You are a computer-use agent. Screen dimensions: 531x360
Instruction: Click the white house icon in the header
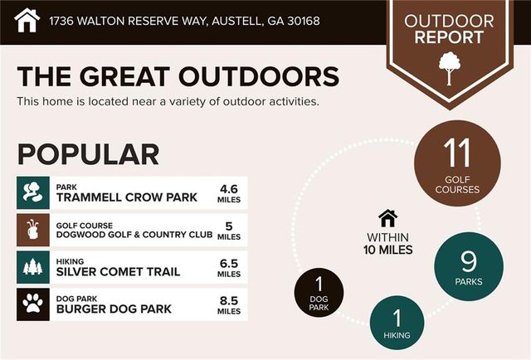pos(27,20)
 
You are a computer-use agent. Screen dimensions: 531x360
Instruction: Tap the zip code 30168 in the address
pos(303,21)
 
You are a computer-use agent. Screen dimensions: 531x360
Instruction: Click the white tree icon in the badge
pos(450,68)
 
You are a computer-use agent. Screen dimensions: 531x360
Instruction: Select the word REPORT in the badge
pos(449,37)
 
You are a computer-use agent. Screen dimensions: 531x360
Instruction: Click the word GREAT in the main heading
pos(124,76)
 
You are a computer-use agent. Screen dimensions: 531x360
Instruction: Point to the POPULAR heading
pos(88,154)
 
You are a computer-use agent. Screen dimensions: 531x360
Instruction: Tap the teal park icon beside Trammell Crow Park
pos(33,192)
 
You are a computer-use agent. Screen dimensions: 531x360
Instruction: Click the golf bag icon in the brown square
pos(33,230)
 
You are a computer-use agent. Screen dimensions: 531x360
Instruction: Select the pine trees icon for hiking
pos(33,266)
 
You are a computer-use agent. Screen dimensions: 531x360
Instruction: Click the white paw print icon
pos(33,304)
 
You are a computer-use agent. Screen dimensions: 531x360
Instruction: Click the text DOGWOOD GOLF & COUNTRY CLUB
pos(134,235)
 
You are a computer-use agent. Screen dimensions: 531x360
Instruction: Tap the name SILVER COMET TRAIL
pos(118,271)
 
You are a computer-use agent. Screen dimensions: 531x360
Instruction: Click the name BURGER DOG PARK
pos(114,309)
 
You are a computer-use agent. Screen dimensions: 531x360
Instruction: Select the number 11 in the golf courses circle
pos(457,153)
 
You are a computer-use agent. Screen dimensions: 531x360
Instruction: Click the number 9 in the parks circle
pos(469,261)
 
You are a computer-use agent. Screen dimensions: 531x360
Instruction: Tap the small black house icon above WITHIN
pos(388,218)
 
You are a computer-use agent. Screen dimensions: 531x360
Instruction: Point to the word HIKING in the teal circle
pos(397,335)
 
